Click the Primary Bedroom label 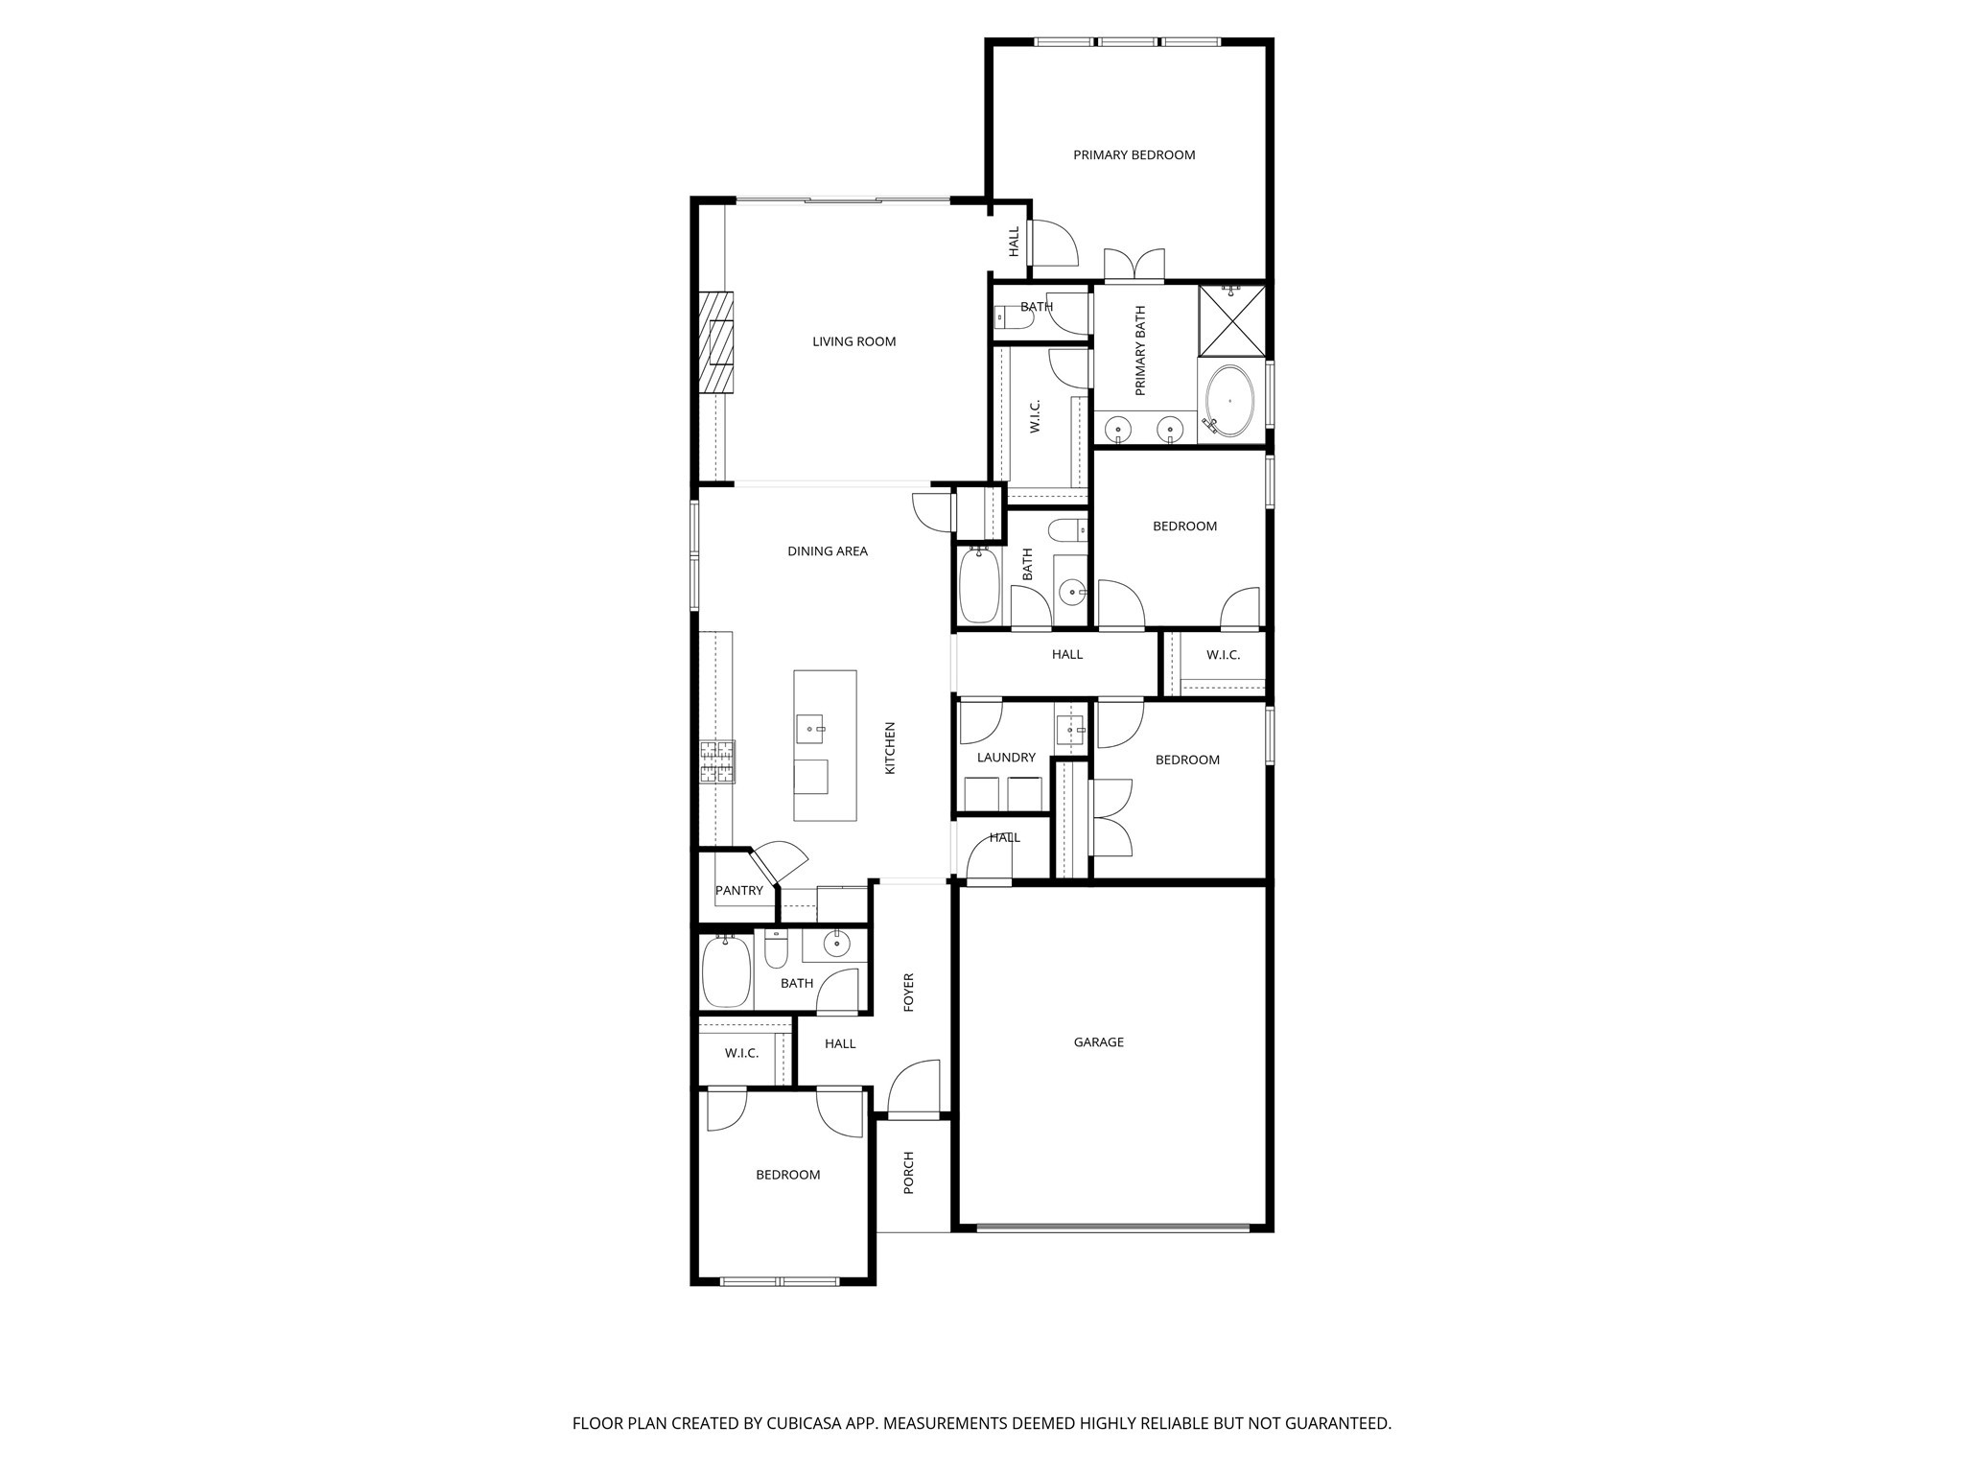pos(1134,154)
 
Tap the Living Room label pos(853,341)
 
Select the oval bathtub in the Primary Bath pos(1230,401)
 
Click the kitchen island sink pos(810,729)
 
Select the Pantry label pos(739,890)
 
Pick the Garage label pos(1098,1042)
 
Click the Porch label pos(909,1173)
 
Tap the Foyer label pos(909,993)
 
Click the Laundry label pos(1006,758)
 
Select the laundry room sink pos(1070,731)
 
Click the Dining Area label pos(827,551)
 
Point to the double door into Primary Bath pos(1134,266)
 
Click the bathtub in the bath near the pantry pos(725,971)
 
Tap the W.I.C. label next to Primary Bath pos(1036,416)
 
